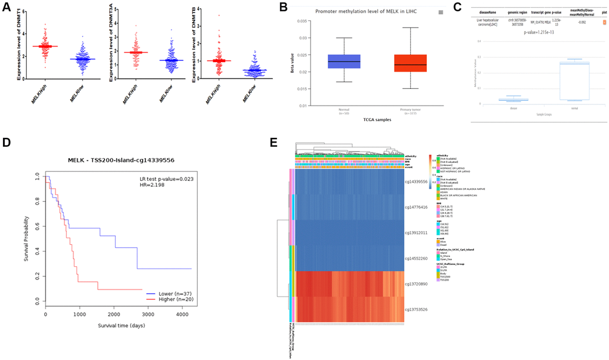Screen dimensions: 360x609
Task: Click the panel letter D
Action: [8, 143]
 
